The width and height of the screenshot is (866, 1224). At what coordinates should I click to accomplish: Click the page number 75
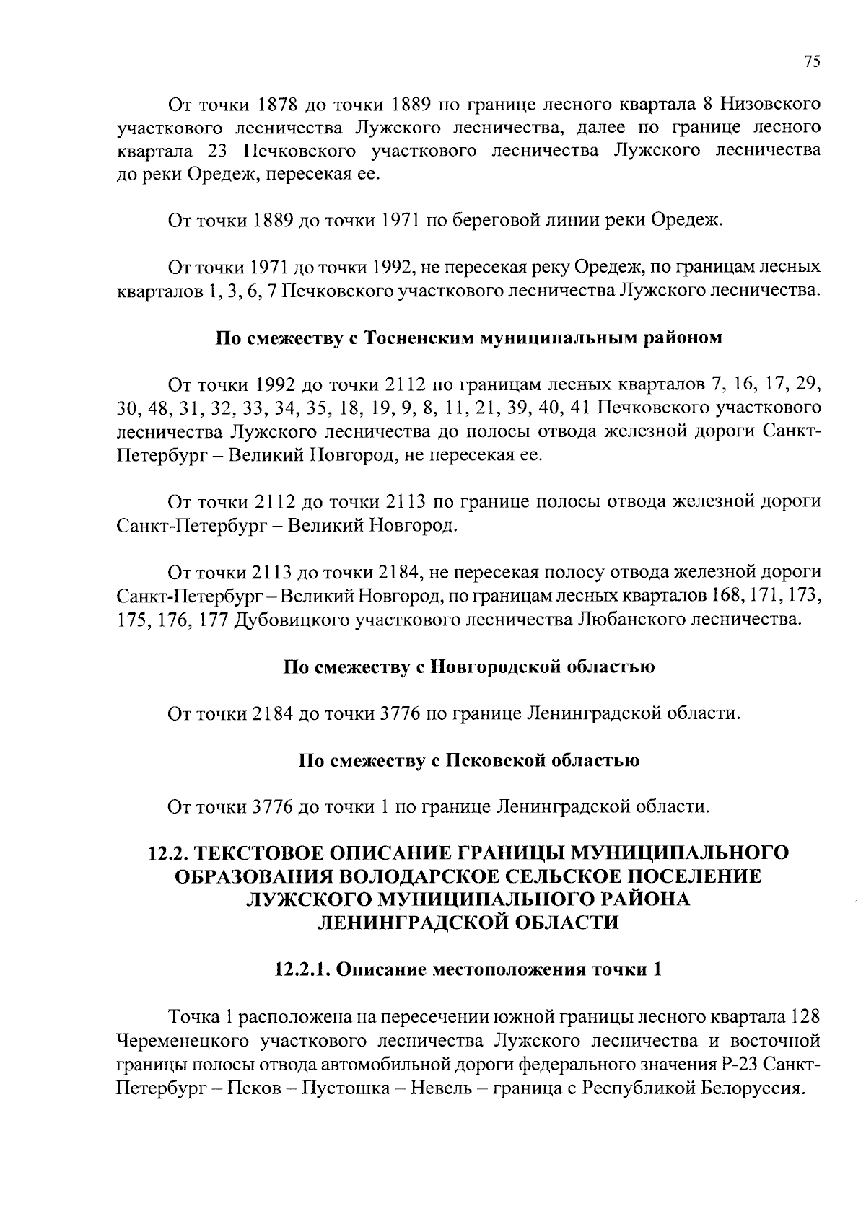click(x=812, y=62)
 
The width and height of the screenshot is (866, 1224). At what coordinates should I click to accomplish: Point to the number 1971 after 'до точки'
click(x=397, y=221)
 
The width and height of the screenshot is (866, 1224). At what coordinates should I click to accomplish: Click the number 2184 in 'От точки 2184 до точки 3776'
click(x=273, y=714)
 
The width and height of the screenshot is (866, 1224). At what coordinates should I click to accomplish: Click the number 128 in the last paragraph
click(x=805, y=1018)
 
